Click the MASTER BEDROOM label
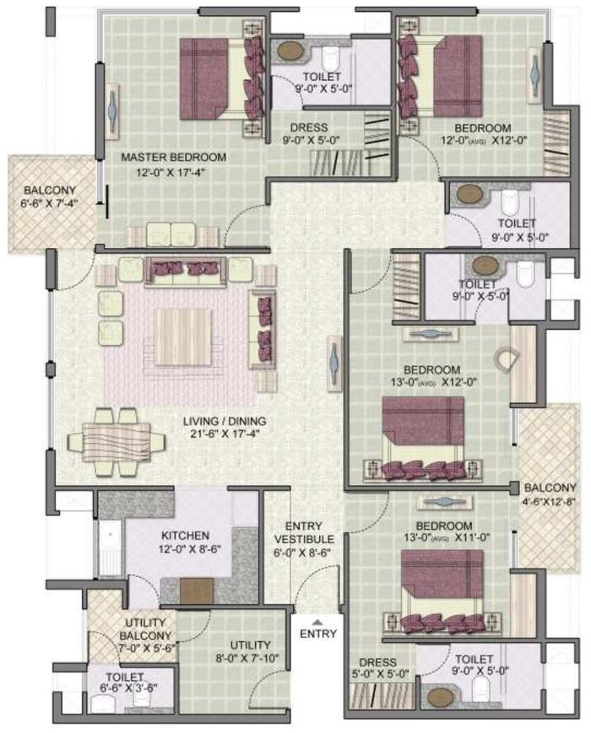(173, 158)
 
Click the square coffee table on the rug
(182, 336)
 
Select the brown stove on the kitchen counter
(196, 590)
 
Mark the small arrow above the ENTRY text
(318, 620)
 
